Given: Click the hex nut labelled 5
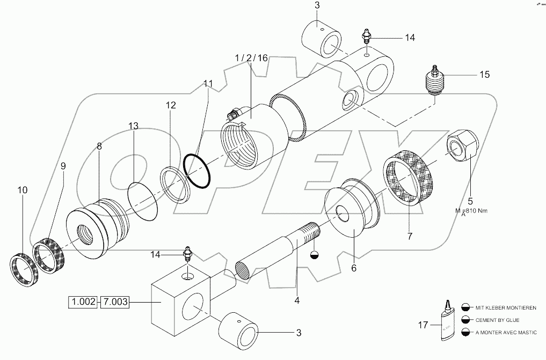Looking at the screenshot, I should (x=461, y=145).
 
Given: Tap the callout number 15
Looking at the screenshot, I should (x=484, y=75).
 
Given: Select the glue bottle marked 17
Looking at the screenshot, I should (x=447, y=324).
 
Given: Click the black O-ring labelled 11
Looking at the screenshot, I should (x=196, y=171).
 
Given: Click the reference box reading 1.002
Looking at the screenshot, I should (x=83, y=303).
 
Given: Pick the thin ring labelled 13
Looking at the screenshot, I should (x=143, y=201).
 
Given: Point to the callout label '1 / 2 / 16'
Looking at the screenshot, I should (x=251, y=58).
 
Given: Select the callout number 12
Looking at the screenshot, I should (x=170, y=106).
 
